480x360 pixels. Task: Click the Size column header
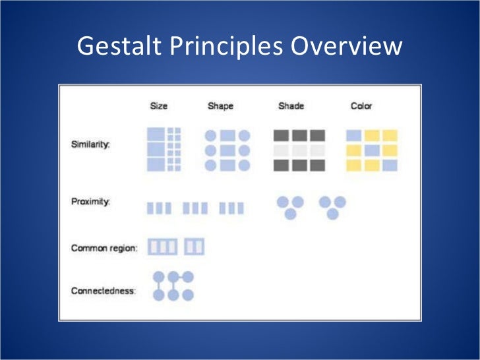coord(159,105)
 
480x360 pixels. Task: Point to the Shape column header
coord(220,105)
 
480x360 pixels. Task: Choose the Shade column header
coord(291,105)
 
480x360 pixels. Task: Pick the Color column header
coord(361,105)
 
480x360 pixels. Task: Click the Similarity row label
coord(90,144)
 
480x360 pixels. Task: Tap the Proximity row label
coord(90,202)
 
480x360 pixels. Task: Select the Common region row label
coord(104,248)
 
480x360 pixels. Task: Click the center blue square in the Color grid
coord(372,150)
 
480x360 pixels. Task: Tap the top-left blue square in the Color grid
coord(354,135)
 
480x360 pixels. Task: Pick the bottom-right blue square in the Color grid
coord(390,165)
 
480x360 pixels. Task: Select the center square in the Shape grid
coord(227,150)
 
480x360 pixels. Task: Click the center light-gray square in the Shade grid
coord(299,150)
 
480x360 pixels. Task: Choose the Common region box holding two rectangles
coord(195,247)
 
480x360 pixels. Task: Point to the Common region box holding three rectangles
coord(162,247)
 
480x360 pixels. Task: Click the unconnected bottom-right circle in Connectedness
coord(188,295)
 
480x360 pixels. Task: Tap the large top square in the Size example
coord(155,135)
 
